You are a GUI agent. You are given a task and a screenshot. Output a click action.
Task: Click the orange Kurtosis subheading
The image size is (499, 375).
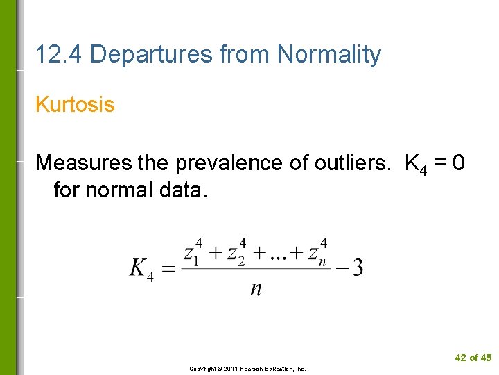point(75,105)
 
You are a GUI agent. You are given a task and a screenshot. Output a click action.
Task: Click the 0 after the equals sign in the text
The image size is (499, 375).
point(458,163)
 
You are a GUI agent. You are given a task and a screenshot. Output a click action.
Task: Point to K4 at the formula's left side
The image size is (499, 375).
point(141,268)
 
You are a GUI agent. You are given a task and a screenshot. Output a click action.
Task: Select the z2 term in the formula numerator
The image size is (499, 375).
point(237,251)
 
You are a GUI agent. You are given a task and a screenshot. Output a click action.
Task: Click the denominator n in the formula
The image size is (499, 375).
point(256,288)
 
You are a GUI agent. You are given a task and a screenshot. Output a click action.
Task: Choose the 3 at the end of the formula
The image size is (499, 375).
point(358,267)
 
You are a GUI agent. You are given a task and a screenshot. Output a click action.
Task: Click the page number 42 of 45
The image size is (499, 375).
point(473,358)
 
